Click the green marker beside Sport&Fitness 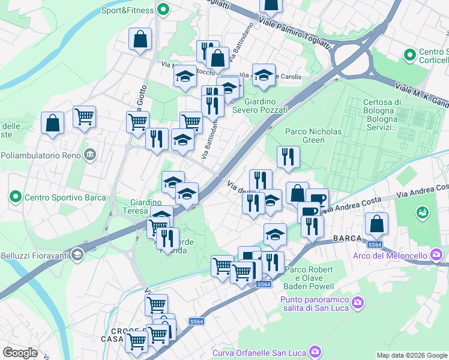(163, 10)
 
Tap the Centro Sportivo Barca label (65, 197)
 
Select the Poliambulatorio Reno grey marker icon (90, 155)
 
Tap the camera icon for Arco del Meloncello (436, 255)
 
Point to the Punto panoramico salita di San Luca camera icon (358, 301)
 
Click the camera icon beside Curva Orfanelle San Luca (314, 351)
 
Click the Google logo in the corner (20, 353)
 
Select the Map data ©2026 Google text (411, 355)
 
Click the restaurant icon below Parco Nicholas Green (288, 157)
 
